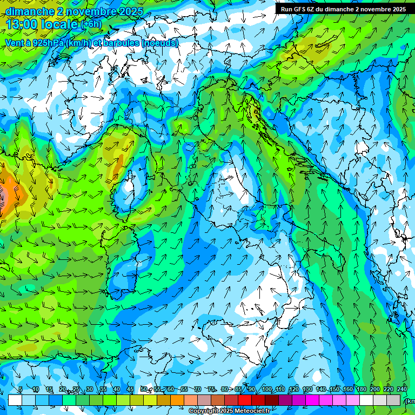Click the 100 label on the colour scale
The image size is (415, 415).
tap(267, 390)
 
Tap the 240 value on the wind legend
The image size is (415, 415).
tap(401, 390)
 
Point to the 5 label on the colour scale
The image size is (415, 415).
tap(20, 390)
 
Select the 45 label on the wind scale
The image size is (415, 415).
tap(130, 390)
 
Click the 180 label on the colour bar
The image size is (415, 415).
tap(361, 390)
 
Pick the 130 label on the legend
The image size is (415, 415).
tap(307, 390)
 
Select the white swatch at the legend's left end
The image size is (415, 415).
tap(15, 400)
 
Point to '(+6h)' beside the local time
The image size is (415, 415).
tap(91, 24)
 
